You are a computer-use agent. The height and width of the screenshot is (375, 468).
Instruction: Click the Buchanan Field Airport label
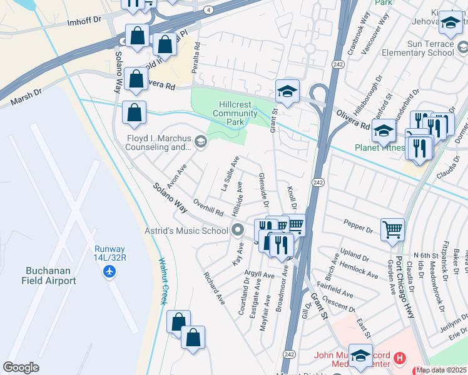[51, 276]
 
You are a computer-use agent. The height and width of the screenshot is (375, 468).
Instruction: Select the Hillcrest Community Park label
[235, 113]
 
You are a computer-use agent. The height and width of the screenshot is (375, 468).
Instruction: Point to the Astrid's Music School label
[188, 231]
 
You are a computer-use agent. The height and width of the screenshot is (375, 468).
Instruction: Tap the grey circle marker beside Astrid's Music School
[237, 231]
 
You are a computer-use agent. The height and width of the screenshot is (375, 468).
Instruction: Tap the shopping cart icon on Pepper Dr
[392, 229]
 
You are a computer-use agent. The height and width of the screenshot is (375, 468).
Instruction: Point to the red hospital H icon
[400, 359]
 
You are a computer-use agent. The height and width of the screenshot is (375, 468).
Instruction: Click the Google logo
[21, 367]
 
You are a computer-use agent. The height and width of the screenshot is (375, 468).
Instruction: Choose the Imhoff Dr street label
[84, 21]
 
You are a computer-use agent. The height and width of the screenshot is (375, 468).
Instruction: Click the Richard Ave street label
[214, 287]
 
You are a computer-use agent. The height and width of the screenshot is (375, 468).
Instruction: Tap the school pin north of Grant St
[287, 91]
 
